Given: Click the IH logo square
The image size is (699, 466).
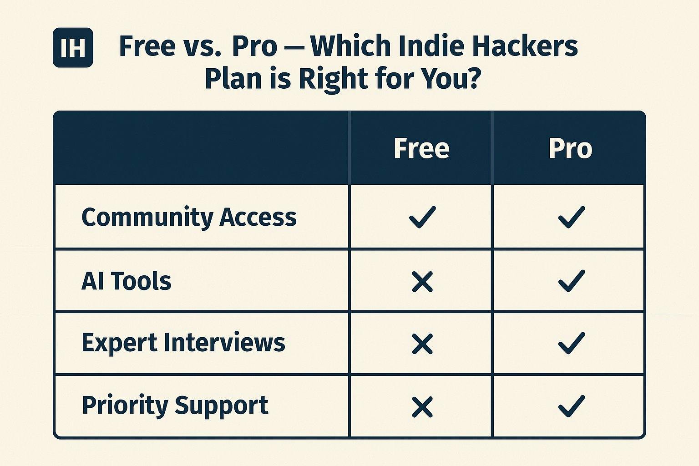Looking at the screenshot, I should coord(73,47).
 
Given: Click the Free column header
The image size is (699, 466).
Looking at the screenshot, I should coord(421,148).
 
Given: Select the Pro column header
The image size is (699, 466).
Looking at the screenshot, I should coord(570,148).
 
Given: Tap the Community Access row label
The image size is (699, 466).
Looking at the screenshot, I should coord(189,217).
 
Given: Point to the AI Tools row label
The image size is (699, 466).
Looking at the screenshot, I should coord(126,281).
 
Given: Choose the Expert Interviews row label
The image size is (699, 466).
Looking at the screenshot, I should coord(183,343).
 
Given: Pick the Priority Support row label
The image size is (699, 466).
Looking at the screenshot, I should coord(175,405).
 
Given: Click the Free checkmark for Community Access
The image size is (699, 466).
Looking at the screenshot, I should coord(422,217).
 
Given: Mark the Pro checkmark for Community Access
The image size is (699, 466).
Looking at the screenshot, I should coord(571,217).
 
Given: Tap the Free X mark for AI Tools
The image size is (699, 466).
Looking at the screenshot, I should coord(422,282).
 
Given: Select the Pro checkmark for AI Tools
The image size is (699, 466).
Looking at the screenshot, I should coord(571,281).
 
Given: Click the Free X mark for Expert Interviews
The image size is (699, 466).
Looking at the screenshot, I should coord(422,344).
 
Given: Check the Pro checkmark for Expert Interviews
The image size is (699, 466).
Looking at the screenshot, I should coord(571,343).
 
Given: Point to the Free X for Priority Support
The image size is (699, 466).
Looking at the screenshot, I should coord(422,407).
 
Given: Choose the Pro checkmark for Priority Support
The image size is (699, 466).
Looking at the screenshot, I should coord(571,406).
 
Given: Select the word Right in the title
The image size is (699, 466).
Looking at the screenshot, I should coord(334,78).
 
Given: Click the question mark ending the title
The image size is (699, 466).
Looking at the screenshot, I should coord(474,78).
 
